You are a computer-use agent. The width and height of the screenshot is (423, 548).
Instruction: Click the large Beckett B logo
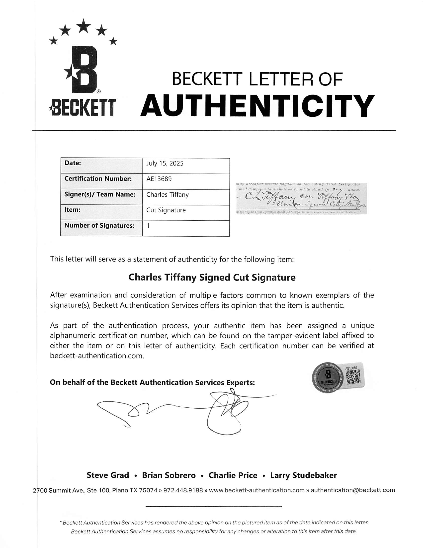pos(84,70)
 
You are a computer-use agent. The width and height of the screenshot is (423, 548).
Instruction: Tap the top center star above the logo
pos(83,26)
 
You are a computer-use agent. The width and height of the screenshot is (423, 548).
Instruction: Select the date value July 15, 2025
pos(165,164)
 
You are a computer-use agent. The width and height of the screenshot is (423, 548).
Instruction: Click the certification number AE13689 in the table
pos(159,179)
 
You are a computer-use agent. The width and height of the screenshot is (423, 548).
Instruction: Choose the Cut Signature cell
pos(166,210)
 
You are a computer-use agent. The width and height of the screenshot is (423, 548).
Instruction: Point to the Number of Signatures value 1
pos(148,226)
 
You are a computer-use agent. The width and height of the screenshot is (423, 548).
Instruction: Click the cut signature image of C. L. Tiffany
pos(301,198)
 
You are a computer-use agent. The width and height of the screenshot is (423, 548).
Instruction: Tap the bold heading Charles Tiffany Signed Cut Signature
pos(212,277)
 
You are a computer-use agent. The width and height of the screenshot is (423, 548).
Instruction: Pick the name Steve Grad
pos(108,475)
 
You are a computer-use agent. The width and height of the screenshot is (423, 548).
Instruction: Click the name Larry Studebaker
pos(303,475)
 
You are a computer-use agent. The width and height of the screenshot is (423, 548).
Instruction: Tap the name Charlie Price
pos(233,475)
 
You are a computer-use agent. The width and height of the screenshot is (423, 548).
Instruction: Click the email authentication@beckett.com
pos(353,490)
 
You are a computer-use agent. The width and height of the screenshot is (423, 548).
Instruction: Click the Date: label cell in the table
pos(73,163)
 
